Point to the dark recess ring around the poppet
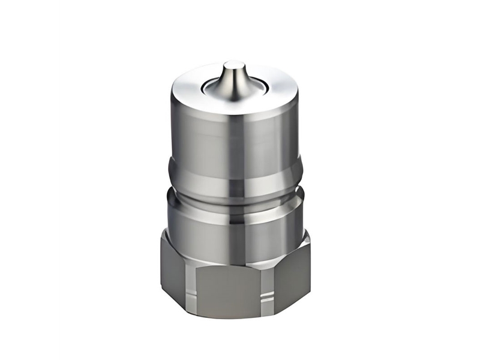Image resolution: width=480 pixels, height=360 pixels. click(211, 88)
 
